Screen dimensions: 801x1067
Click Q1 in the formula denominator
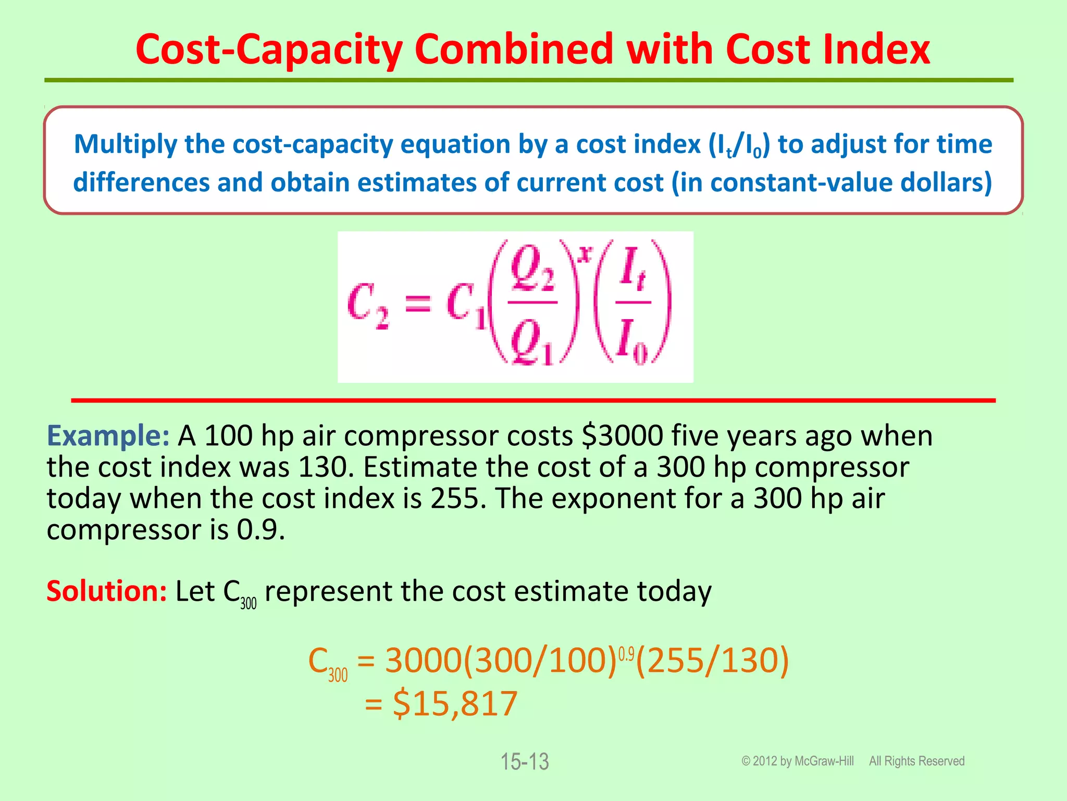[532, 342]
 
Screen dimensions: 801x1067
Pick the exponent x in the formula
[586, 254]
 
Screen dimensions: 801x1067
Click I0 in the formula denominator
[632, 342]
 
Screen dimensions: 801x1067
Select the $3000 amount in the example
[622, 436]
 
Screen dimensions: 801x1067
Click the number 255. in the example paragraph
[458, 499]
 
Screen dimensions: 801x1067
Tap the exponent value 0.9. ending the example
[261, 530]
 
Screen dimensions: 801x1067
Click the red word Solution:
[106, 592]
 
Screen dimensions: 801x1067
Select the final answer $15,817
[455, 703]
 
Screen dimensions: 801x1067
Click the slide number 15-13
[525, 762]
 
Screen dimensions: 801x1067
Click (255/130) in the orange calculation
[712, 661]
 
